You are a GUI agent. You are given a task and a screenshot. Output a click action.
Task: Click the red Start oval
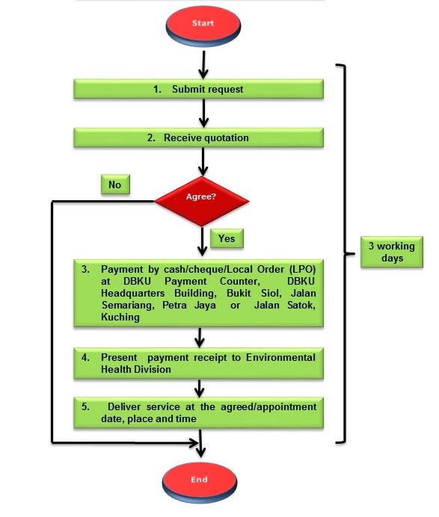(203, 25)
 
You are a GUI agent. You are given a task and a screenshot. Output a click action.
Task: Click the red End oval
(200, 482)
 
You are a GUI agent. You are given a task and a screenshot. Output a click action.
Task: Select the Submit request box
(198, 89)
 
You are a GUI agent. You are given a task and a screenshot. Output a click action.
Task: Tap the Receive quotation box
(198, 137)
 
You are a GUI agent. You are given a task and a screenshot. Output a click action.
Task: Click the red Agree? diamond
(202, 201)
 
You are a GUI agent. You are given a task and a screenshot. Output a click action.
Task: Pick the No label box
(115, 185)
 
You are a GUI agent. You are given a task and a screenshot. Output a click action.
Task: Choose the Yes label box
(227, 238)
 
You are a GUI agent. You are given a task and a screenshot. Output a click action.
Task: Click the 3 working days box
(391, 252)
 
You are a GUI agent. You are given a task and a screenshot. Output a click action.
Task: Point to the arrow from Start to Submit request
(203, 65)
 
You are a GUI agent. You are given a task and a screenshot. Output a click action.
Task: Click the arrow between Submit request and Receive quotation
(203, 113)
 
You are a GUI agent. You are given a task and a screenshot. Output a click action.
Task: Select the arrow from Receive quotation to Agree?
(203, 161)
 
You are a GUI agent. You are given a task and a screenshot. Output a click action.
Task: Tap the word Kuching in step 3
(120, 318)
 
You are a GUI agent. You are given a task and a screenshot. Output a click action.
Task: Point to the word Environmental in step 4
(280, 357)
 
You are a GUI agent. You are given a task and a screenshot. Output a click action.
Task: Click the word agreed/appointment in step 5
(268, 407)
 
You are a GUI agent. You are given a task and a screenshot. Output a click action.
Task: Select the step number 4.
(85, 357)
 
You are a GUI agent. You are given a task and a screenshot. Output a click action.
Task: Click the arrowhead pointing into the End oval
(200, 452)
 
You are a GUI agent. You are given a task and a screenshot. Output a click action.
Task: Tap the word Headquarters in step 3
(132, 293)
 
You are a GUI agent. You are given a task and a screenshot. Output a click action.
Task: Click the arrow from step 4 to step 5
(199, 388)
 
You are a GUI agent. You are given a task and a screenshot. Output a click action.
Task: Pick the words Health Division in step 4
(136, 369)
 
